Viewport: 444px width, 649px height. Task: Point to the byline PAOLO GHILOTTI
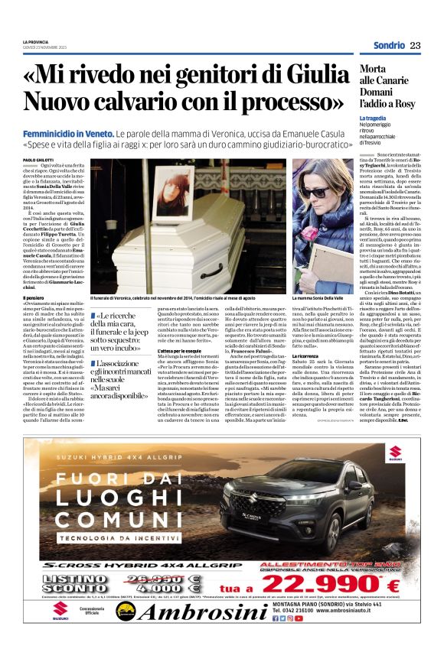pyautogui.click(x=36, y=160)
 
